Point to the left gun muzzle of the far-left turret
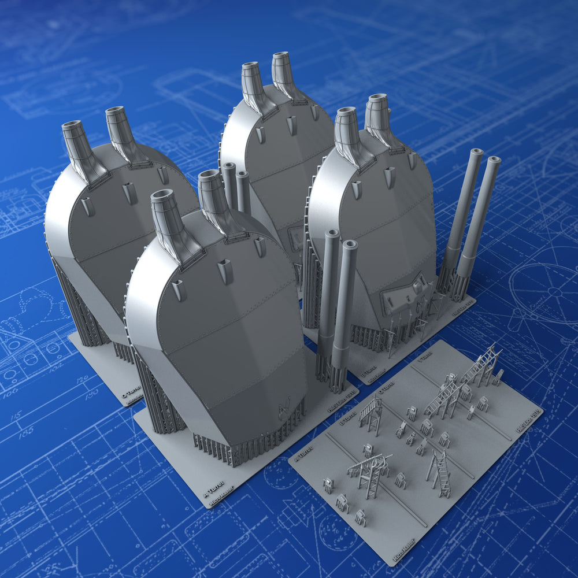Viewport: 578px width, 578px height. (x=72, y=125)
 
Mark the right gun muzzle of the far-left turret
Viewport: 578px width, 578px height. (x=114, y=111)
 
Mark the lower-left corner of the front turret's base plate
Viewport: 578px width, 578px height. (x=135, y=413)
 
